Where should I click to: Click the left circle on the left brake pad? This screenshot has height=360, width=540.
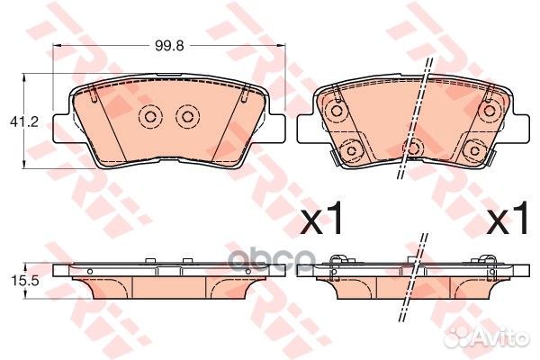149,117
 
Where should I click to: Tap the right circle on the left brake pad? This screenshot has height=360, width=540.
186,117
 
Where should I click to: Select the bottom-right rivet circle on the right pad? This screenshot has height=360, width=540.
472,149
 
